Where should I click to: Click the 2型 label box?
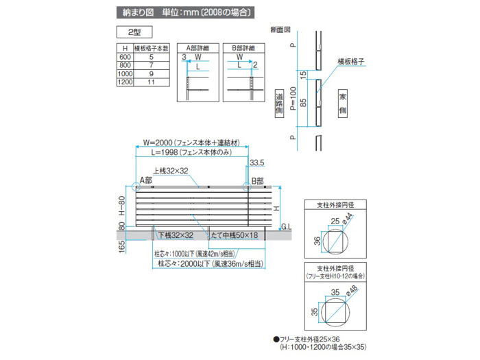pyautogui.click(x=134, y=32)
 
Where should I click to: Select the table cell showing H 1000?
pyautogui.click(x=125, y=74)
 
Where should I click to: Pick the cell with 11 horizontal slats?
pyautogui.click(x=152, y=82)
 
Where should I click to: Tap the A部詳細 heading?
pyautogui.click(x=197, y=48)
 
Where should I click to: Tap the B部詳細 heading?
pyautogui.click(x=243, y=48)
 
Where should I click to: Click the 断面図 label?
pyautogui.click(x=280, y=29)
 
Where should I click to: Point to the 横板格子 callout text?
pyautogui.click(x=351, y=62)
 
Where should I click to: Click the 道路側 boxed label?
pyautogui.click(x=279, y=104)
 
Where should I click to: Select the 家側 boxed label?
pyautogui.click(x=343, y=104)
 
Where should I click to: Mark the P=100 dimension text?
pyautogui.click(x=293, y=99)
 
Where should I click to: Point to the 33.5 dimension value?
pyautogui.click(x=257, y=163)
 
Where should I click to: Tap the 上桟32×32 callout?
pyautogui.click(x=171, y=171)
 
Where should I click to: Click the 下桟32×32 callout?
pyautogui.click(x=176, y=235)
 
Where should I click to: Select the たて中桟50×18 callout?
pyautogui.click(x=235, y=235)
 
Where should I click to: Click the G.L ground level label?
pyautogui.click(x=286, y=227)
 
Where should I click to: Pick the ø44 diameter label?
pyautogui.click(x=348, y=219)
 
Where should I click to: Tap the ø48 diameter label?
pyautogui.click(x=352, y=291)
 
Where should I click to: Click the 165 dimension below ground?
pyautogui.click(x=122, y=247)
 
